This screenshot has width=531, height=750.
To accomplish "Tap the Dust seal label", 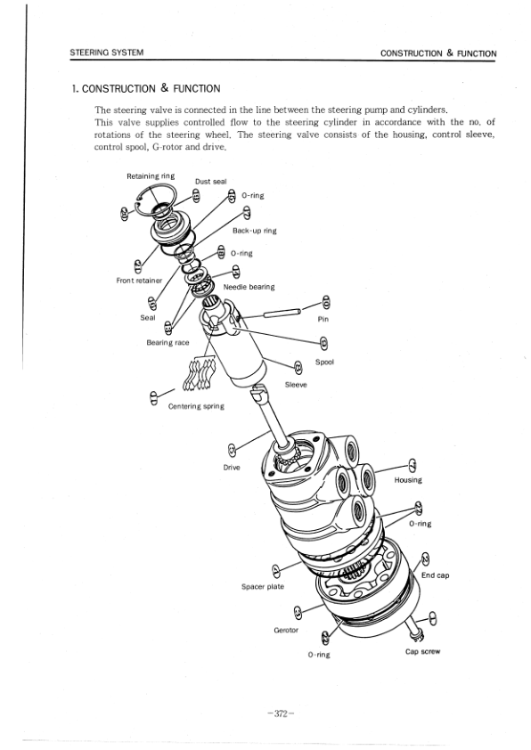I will (x=210, y=182).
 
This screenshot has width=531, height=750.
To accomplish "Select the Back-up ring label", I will (x=255, y=231).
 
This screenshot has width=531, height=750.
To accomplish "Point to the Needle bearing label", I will (x=249, y=287).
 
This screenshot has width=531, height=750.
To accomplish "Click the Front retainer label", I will (x=139, y=281).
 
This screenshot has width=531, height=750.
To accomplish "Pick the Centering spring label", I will (x=196, y=406).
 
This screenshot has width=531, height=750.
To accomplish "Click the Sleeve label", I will (x=296, y=384).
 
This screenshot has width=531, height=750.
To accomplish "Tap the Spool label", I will (x=324, y=363).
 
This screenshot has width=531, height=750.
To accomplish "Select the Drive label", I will (x=232, y=467).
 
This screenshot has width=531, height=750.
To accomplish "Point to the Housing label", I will (x=408, y=480).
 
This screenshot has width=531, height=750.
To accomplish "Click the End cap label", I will (x=435, y=575).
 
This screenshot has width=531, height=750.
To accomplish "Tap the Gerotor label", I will (x=287, y=630).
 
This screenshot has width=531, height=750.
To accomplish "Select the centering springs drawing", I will (x=198, y=373).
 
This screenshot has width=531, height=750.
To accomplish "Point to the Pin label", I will (x=324, y=317).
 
